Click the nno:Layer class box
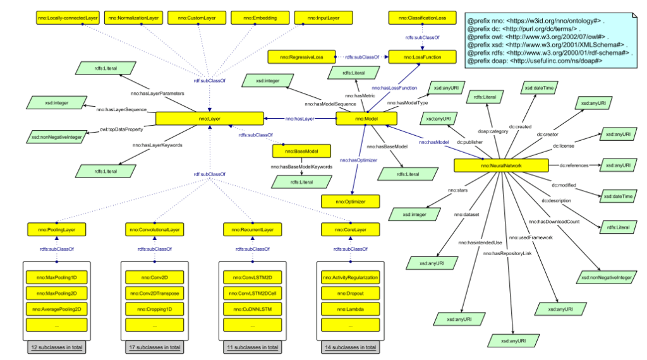[x=209, y=118]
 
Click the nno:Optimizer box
[x=351, y=201]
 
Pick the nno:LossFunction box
[x=422, y=57]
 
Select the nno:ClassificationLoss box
[x=421, y=18]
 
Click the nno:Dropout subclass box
[x=350, y=292]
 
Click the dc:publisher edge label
[x=469, y=143]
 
